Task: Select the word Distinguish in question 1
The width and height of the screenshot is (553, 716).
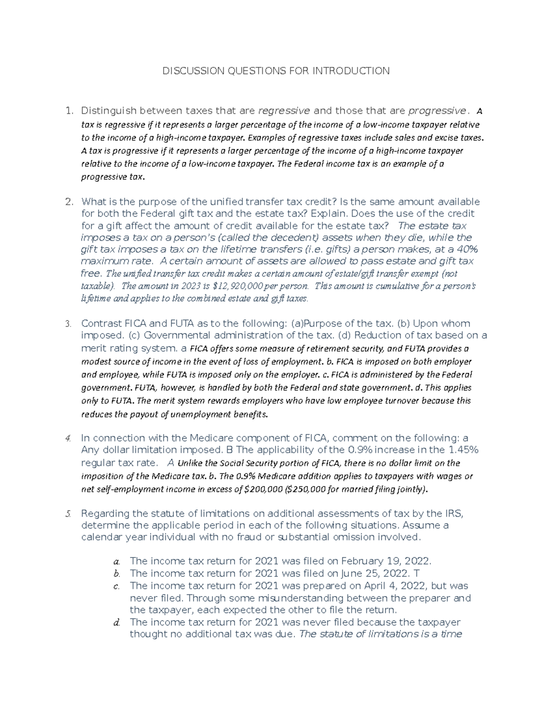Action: tap(109, 111)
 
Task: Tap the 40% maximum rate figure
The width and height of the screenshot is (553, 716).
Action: tap(466, 249)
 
